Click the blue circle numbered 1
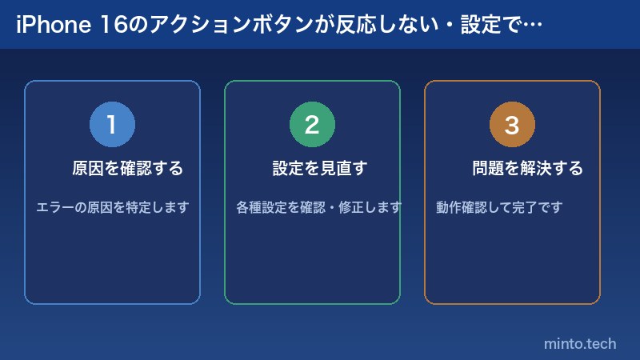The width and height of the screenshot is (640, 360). pos(112,125)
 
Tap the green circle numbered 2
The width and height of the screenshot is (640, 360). pos(312,125)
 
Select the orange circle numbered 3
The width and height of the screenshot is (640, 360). pos(512,125)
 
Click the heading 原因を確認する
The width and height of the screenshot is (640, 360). pos(128,169)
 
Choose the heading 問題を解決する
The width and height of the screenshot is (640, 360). pos(528,169)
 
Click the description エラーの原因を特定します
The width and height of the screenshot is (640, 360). pos(112,207)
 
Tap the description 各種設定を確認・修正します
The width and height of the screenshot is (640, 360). pos(319,207)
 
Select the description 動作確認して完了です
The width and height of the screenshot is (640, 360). pos(500,207)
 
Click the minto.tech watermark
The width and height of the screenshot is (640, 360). pos(580,344)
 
